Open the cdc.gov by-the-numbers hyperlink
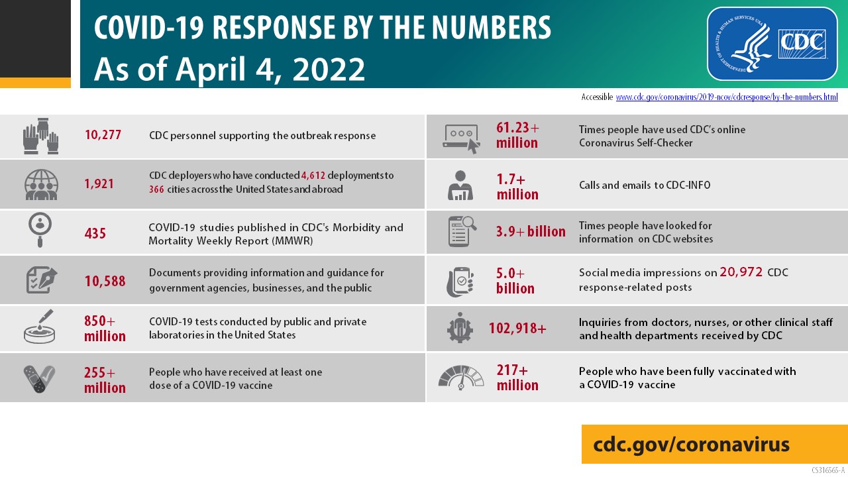coord(727,97)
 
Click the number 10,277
coord(103,136)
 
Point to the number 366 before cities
coord(156,189)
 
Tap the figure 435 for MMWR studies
coord(95,233)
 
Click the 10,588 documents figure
coord(105,281)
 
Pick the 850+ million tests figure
coord(105,329)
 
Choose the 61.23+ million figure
coord(517,135)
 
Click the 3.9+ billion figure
coord(531,232)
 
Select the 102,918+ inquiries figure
coord(517,328)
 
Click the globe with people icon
coord(41,184)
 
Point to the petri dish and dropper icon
coord(40,327)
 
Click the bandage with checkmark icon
coord(40,378)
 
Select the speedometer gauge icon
coord(461,377)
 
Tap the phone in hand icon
coord(460,280)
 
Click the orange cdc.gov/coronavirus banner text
coord(692,444)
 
